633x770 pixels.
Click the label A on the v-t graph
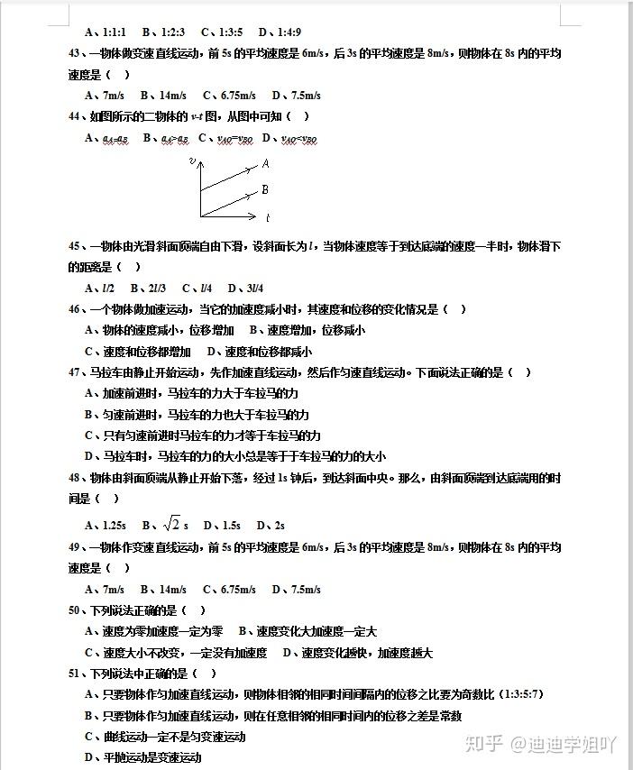coord(266,164)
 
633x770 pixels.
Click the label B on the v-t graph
coord(265,190)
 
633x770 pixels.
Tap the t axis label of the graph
coord(268,218)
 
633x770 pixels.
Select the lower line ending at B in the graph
coord(230,203)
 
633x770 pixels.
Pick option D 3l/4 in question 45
coord(245,289)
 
